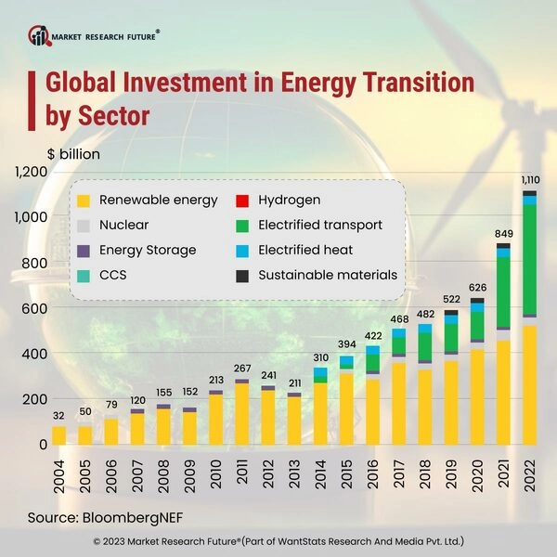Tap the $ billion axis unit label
pos(73,153)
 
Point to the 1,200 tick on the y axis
pos(31,172)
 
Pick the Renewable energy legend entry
pos(149,200)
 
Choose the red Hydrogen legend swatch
pos(242,200)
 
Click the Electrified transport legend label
pos(319,225)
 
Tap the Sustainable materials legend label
pos(328,275)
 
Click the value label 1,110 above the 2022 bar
pos(529,179)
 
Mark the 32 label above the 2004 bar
pos(58,415)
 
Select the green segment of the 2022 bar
pos(529,259)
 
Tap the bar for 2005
pos(84,434)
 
